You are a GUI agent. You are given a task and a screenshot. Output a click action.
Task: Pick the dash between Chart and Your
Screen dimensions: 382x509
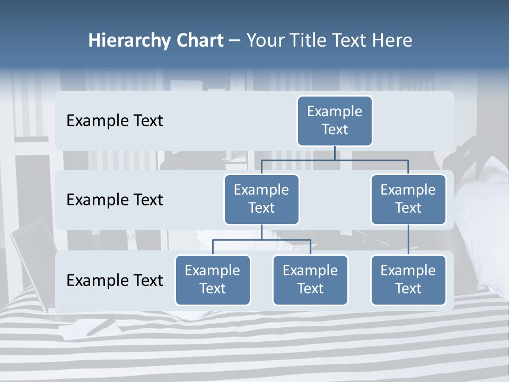(x=234, y=41)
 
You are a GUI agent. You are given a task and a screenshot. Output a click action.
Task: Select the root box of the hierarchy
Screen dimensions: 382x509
(x=335, y=120)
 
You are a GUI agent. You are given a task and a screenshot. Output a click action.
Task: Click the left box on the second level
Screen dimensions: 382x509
(x=261, y=199)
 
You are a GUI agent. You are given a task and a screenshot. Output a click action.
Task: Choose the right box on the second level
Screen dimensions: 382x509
(x=408, y=199)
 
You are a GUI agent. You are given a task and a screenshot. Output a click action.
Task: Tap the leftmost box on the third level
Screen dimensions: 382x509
(x=213, y=280)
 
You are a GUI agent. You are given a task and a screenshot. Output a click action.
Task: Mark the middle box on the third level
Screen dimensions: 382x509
(x=310, y=280)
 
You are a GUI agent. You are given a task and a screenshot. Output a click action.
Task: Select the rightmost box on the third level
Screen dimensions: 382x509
(x=408, y=280)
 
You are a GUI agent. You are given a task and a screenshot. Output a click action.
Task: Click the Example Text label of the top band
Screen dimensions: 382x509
(x=115, y=121)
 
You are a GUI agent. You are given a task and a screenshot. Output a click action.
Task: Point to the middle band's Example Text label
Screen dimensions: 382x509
(x=115, y=200)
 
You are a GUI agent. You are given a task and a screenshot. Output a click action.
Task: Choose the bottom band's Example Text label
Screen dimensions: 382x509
(x=115, y=280)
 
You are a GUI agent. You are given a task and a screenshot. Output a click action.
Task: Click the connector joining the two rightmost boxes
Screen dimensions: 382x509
(x=408, y=239)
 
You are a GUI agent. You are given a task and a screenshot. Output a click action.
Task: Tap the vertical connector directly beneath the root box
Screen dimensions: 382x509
(x=335, y=153)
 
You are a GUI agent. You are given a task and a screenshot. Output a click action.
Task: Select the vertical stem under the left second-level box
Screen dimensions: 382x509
(x=261, y=232)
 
